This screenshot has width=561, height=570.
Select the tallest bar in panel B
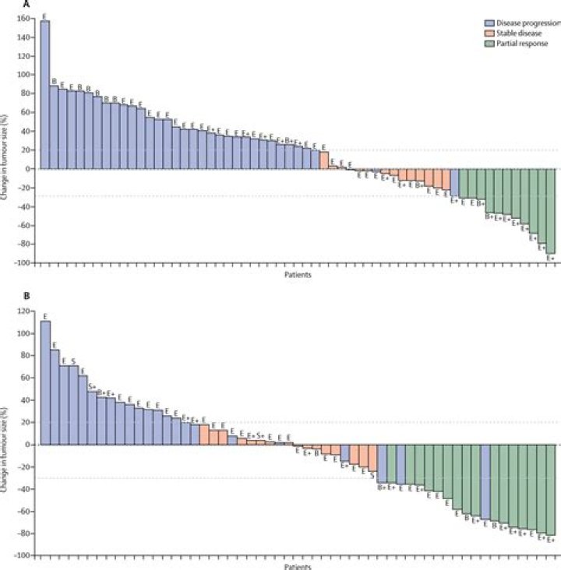(45, 382)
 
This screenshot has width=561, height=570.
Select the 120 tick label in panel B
(28, 311)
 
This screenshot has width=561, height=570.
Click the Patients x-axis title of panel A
(299, 274)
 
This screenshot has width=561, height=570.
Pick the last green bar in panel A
(551, 211)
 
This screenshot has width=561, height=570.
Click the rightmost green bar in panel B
(552, 490)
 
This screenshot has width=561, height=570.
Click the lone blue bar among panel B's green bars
(485, 482)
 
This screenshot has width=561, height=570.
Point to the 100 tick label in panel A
(29, 75)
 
